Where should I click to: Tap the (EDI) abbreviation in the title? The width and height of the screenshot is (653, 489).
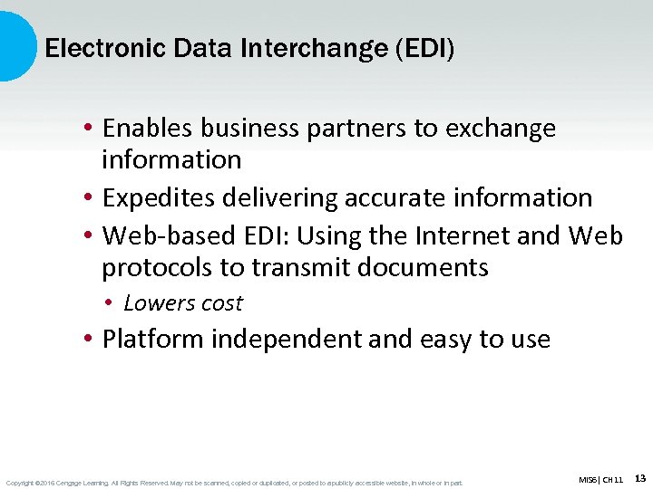(424, 48)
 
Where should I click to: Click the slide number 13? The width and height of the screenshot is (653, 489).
(640, 477)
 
